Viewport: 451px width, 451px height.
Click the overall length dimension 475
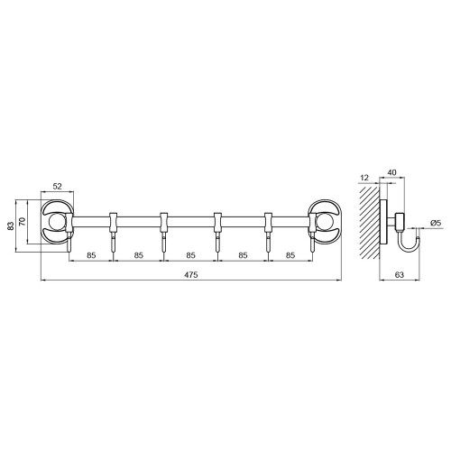pyautogui.click(x=191, y=275)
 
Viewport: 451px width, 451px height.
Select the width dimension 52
pyautogui.click(x=57, y=187)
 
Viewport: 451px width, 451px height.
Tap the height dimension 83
pyautogui.click(x=11, y=225)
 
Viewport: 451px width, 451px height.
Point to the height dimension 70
pyautogui.click(x=23, y=222)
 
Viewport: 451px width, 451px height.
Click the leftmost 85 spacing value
pyautogui.click(x=91, y=255)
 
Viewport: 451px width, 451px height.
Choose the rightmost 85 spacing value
pyautogui.click(x=290, y=255)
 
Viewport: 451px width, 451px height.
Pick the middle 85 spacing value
pyautogui.click(x=190, y=255)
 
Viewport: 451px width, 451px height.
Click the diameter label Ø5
pyautogui.click(x=436, y=223)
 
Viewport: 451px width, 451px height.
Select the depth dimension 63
pyautogui.click(x=400, y=274)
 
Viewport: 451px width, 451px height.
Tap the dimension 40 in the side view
pyautogui.click(x=392, y=172)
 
